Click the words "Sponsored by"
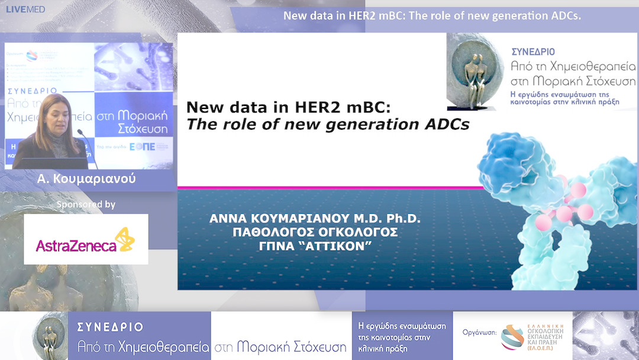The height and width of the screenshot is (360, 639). pyautogui.click(x=86, y=204)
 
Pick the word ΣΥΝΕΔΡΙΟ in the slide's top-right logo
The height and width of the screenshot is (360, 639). pyautogui.click(x=534, y=52)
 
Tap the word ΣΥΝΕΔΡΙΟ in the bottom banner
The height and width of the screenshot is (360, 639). pyautogui.click(x=110, y=327)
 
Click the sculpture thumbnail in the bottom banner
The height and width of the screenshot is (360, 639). pyautogui.click(x=50, y=336)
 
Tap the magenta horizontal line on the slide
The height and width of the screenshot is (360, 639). pyautogui.click(x=331, y=188)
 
